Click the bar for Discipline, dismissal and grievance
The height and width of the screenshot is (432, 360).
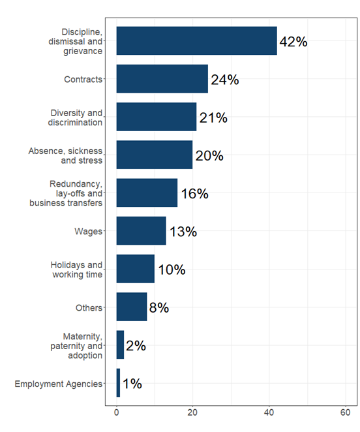[196, 41]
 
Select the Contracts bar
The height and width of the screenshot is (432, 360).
[162, 79]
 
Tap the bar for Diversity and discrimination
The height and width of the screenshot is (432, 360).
[156, 117]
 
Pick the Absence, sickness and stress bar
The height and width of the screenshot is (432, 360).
[155, 155]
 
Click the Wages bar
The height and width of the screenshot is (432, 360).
[141, 231]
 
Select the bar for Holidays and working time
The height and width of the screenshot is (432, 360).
[135, 269]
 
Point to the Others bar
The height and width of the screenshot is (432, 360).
[131, 307]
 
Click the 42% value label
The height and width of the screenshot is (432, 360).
[293, 42]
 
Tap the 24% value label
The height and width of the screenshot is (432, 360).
[224, 80]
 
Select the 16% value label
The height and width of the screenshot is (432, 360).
[194, 193]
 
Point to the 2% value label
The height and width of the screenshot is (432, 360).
[136, 345]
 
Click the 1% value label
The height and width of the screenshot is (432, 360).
[132, 383]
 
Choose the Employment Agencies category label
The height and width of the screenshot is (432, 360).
[58, 384]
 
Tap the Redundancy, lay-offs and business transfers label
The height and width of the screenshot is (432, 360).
[66, 193]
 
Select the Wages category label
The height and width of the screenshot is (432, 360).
[89, 232]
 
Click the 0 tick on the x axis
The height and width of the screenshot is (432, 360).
[117, 412]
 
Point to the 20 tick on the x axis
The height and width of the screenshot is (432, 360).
[193, 412]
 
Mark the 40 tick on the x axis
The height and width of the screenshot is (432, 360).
[269, 412]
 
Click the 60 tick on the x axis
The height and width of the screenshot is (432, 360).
[346, 412]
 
